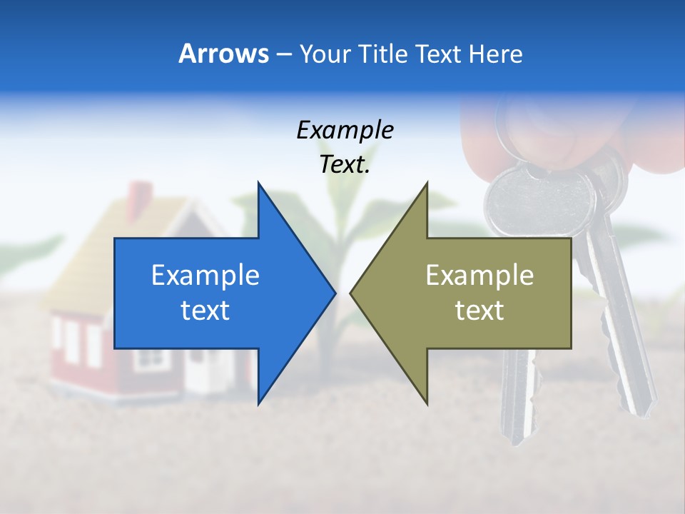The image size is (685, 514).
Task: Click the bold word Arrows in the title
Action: click(223, 54)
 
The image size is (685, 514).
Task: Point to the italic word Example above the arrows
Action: click(345, 130)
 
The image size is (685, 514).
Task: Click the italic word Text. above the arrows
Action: click(345, 164)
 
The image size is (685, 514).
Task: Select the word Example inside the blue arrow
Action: click(205, 276)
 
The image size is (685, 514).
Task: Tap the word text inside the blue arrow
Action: click(205, 311)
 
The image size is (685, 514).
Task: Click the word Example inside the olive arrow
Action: click(479, 276)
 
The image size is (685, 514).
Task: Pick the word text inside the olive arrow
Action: click(479, 311)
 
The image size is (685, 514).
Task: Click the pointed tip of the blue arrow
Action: click(334, 293)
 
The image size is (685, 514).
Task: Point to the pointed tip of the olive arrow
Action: click(352, 293)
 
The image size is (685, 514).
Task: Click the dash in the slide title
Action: click(283, 54)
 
